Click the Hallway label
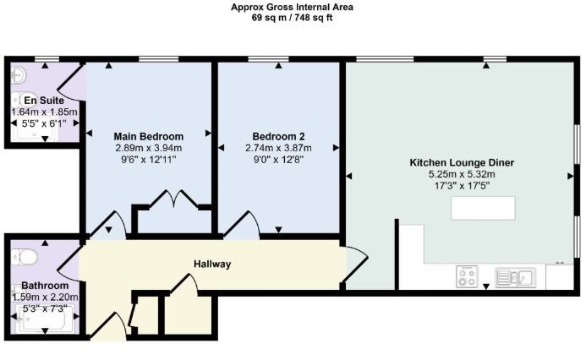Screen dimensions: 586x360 tap(212, 264)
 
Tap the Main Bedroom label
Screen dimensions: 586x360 tap(148, 136)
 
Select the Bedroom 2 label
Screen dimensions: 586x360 tap(278, 136)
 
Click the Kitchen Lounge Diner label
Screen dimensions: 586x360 tap(462, 163)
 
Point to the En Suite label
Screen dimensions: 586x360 tap(44, 101)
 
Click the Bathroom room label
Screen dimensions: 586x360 tap(45, 286)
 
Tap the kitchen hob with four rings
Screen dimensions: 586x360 tap(467, 276)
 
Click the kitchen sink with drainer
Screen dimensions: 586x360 tap(515, 277)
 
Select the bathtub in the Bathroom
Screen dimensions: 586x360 tap(45, 318)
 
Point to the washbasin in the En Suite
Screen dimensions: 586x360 tap(18, 74)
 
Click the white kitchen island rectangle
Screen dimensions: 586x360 tap(483, 208)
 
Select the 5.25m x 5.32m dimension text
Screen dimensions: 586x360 tap(462, 174)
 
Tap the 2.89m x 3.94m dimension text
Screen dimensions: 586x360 tap(148, 148)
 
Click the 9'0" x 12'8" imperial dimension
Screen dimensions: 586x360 tap(278, 160)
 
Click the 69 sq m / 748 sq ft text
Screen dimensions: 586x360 tap(292, 18)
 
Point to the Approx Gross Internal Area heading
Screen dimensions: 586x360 tap(292, 7)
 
